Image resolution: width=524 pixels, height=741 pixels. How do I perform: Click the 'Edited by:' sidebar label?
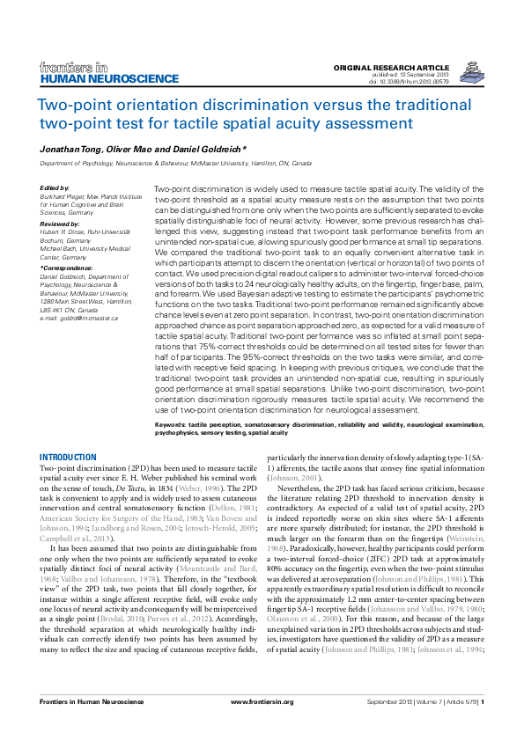tap(55, 188)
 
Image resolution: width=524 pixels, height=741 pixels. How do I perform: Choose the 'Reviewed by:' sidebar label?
tap(59, 224)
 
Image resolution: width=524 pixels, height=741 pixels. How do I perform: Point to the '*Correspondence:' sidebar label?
tap(64, 265)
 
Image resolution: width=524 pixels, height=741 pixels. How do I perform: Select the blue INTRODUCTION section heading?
tap(69, 457)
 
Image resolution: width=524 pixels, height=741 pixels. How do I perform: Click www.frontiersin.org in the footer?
tap(262, 726)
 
